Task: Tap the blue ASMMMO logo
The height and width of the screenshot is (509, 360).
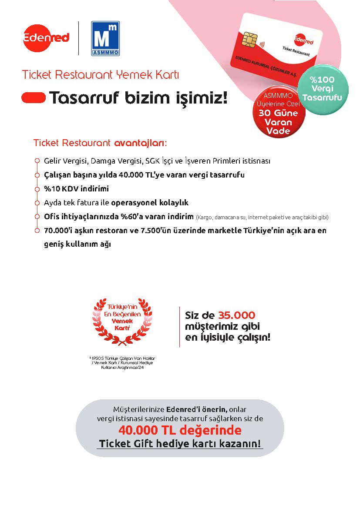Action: (x=105, y=38)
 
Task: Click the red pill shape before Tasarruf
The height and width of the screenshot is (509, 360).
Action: (x=34, y=98)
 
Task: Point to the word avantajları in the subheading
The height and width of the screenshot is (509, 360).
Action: (x=140, y=143)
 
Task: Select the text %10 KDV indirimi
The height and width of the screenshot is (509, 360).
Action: (x=76, y=189)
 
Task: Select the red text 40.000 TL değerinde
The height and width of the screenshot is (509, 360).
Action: (x=180, y=430)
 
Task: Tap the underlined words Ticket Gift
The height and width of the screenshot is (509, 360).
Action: (x=126, y=444)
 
